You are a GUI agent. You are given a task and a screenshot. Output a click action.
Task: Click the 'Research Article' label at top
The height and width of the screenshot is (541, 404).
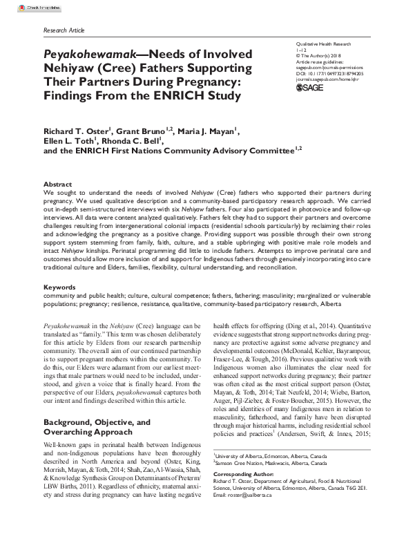[x=63, y=32]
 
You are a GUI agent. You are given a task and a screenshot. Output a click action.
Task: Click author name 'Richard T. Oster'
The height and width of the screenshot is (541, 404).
[x=74, y=131]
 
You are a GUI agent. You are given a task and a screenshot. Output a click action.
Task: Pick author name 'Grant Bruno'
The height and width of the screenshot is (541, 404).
[x=136, y=131]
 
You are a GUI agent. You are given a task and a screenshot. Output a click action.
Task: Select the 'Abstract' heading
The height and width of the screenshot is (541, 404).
[x=57, y=184]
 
